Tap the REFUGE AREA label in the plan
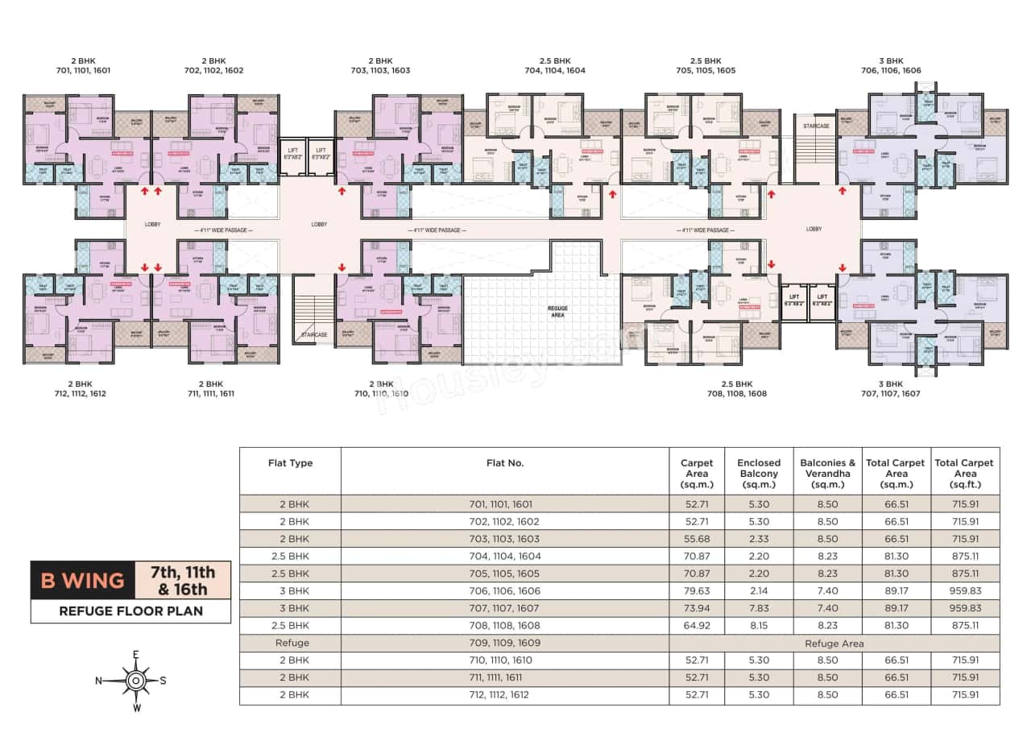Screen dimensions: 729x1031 [557, 313]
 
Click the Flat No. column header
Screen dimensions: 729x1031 [505, 463]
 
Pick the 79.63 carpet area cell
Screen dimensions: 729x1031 [697, 590]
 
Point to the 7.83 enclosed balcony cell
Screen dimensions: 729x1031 [758, 608]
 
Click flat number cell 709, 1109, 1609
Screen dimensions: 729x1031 [505, 643]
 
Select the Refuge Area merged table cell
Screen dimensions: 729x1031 [834, 644]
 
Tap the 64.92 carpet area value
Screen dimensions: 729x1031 [697, 625]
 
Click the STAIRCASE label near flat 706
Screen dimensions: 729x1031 [811, 126]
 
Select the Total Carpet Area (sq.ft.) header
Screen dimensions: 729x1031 [964, 474]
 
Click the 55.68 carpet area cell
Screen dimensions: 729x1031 [697, 539]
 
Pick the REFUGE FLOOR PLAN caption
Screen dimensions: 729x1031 [130, 611]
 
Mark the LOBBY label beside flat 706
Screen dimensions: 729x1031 [814, 229]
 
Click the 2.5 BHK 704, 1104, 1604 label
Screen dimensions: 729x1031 [555, 65]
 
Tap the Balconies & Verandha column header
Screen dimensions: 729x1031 [827, 474]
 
